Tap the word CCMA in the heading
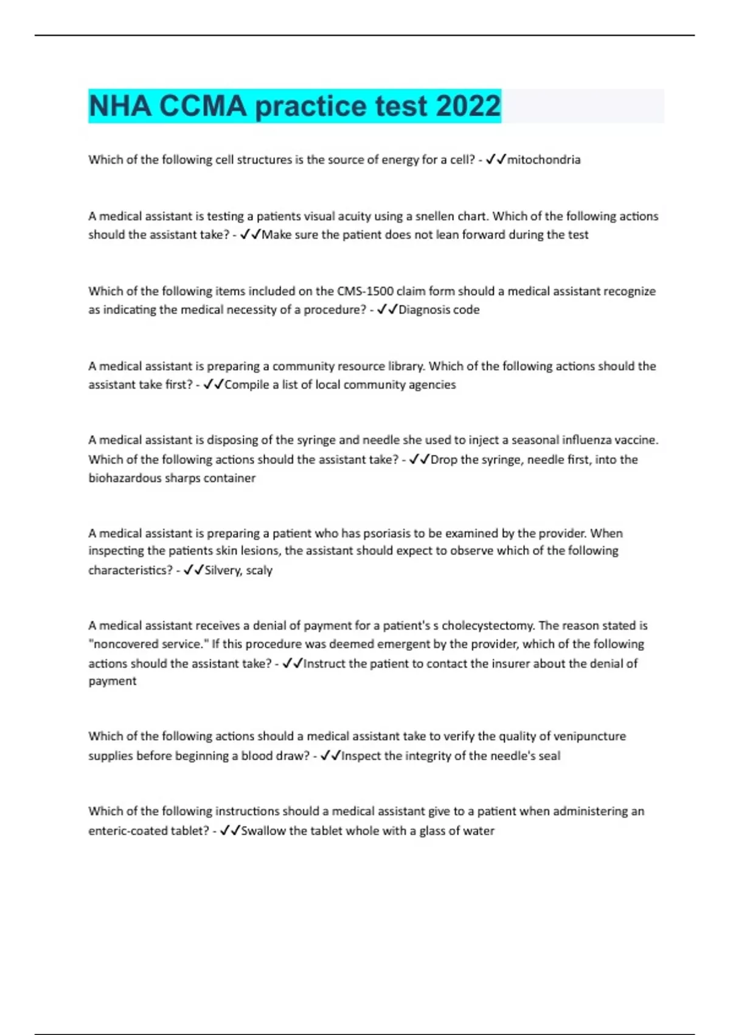203,106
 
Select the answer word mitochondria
544,160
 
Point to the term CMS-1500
365,291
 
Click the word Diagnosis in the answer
424,310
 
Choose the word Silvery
223,570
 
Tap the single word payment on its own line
113,681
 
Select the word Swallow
263,830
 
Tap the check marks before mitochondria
496,160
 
